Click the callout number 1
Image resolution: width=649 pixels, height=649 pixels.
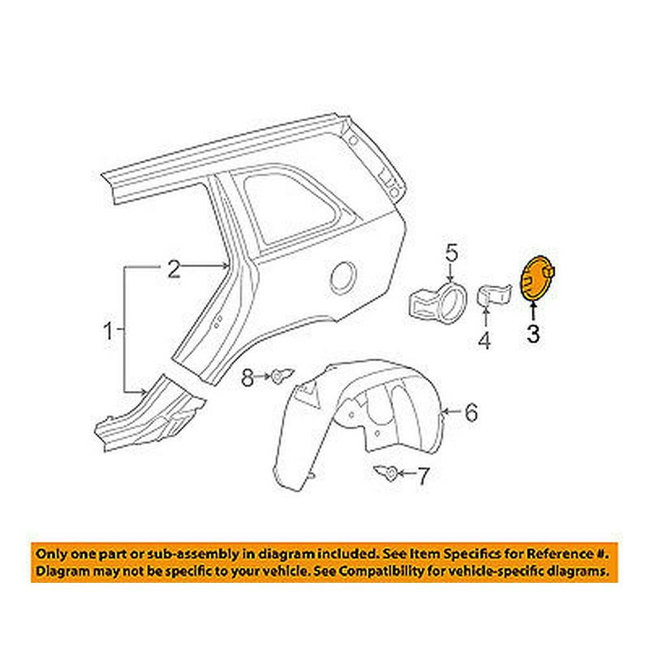(x=108, y=332)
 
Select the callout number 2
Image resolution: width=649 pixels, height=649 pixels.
(x=173, y=269)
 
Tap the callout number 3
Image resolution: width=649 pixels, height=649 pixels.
(x=533, y=334)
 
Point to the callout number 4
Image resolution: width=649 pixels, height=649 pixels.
(x=484, y=340)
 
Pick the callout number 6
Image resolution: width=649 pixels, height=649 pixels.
(x=471, y=412)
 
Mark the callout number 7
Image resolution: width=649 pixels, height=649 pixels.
(x=422, y=476)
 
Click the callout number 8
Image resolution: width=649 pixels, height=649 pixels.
(x=247, y=377)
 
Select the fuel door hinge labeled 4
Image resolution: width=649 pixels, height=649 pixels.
(x=494, y=295)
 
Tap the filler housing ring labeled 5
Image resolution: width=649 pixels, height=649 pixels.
(x=438, y=302)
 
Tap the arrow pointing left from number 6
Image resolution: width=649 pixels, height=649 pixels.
(x=452, y=411)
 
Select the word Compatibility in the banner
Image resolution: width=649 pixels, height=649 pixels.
(x=388, y=572)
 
